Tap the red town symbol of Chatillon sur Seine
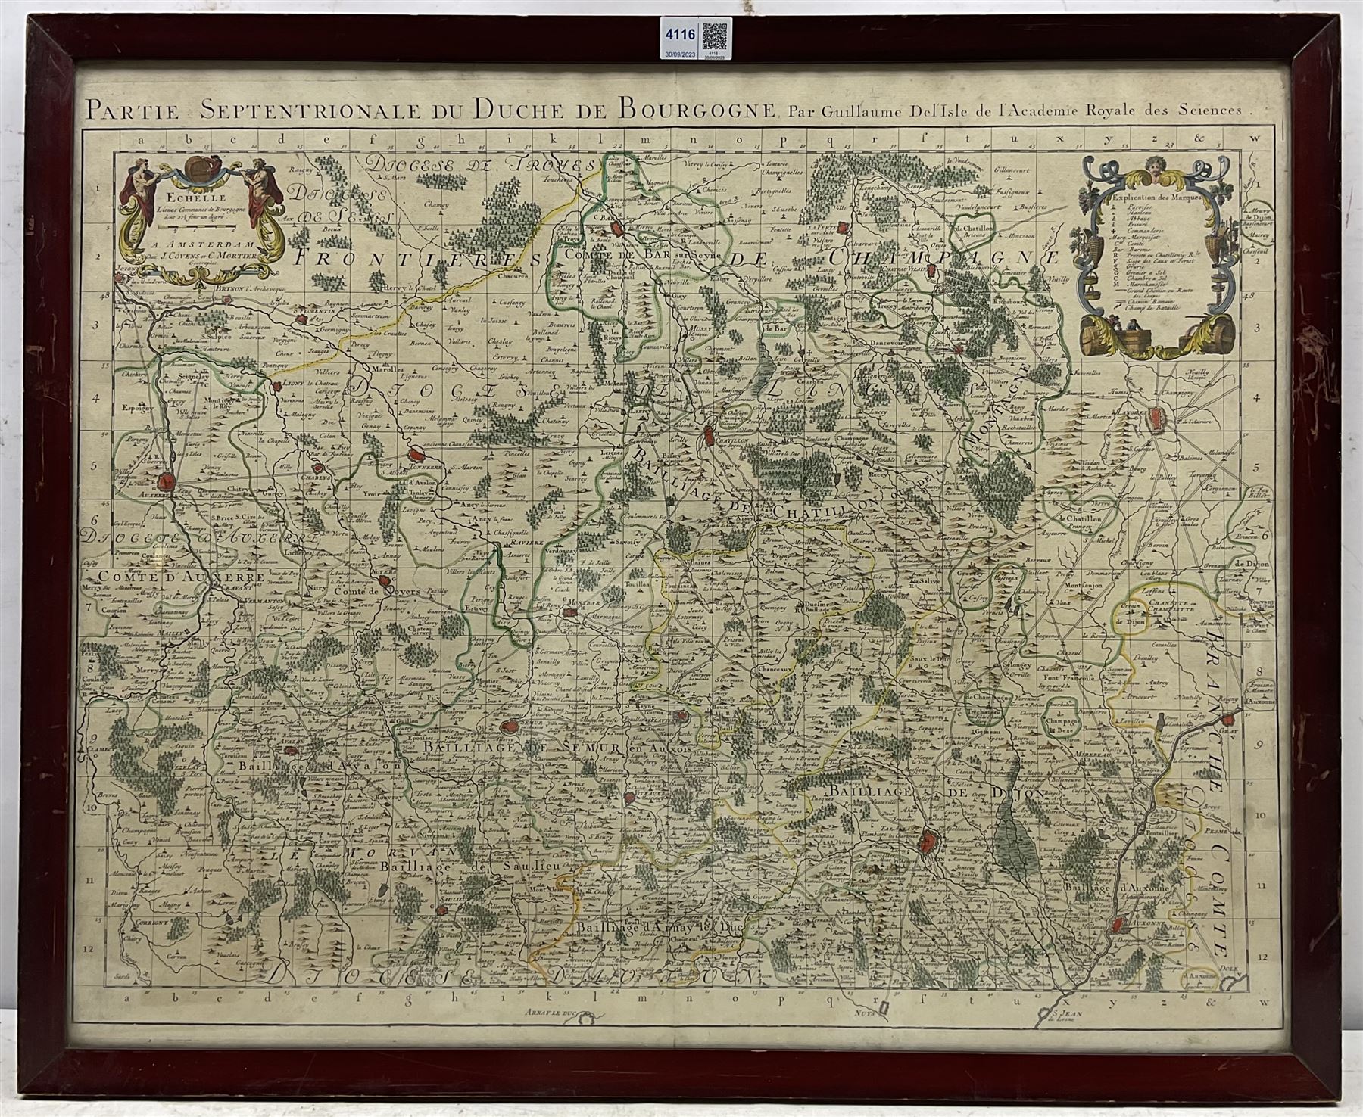click(x=710, y=436)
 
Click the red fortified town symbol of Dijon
click(x=928, y=840)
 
